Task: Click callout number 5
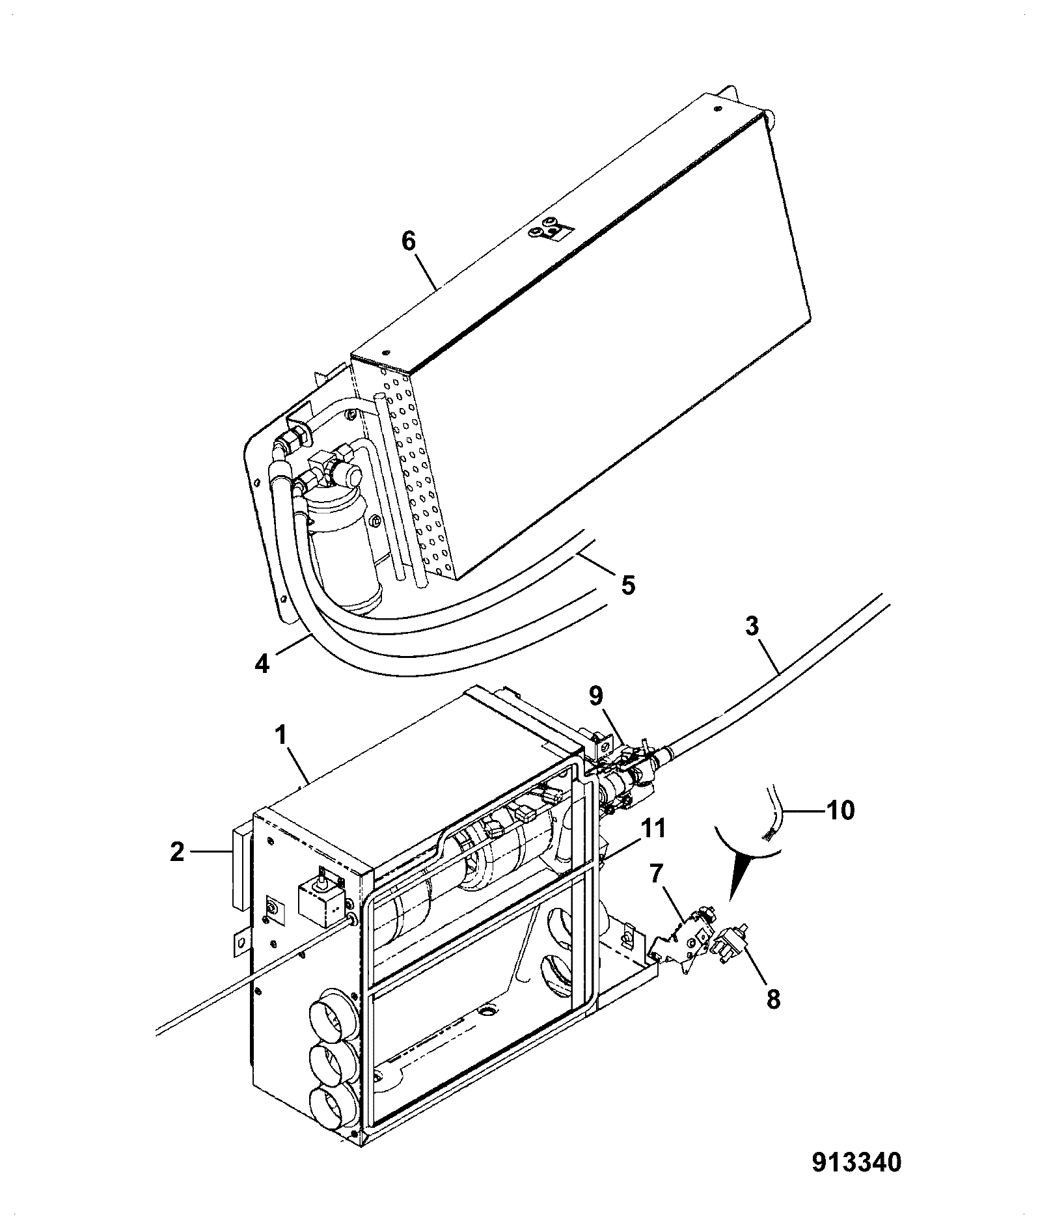click(x=627, y=584)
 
